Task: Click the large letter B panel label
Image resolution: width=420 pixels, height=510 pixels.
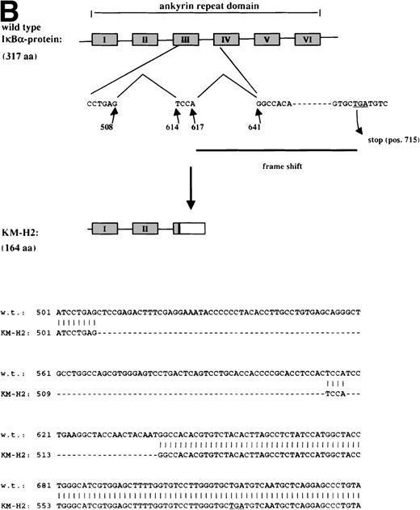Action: tap(11, 11)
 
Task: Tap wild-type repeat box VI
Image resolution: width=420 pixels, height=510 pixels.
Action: tap(307, 39)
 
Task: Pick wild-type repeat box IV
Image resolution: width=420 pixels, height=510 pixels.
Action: tap(225, 39)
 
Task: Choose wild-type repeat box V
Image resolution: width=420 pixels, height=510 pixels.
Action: tap(267, 39)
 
